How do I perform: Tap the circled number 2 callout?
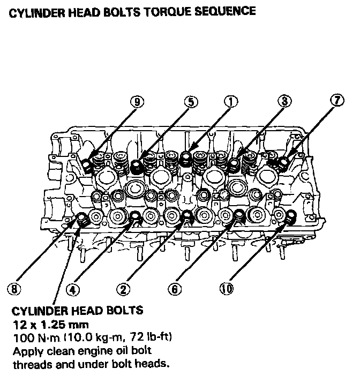123,289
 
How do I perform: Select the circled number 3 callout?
284,101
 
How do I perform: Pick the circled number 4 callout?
72,289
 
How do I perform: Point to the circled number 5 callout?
190,101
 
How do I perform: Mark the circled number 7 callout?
337,101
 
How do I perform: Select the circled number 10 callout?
227,289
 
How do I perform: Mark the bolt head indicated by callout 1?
186,157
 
